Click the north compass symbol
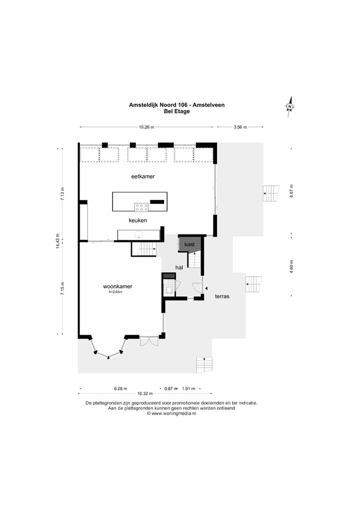tap(289, 106)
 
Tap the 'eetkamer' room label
tap(143, 176)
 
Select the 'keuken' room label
tap(137, 220)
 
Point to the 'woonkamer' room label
tap(117, 286)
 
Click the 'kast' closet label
tap(189, 244)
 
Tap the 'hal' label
tap(179, 267)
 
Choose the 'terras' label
tap(222, 296)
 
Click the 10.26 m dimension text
tap(147, 127)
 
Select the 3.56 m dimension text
tap(240, 127)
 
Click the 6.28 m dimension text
tap(120, 388)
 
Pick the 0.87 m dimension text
tap(170, 388)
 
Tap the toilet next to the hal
tap(168, 289)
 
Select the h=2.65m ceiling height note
tap(115, 292)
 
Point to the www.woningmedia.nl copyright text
tap(171, 413)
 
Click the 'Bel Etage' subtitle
tap(176, 111)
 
